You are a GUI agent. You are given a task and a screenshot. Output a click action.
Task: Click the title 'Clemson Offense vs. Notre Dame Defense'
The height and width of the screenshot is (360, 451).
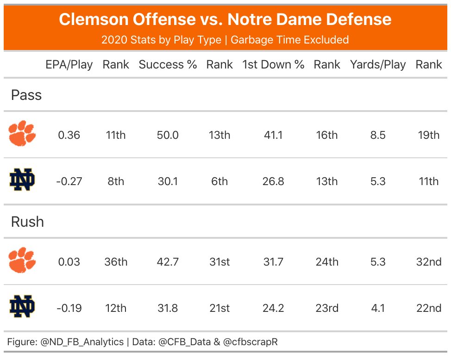(x=225, y=19)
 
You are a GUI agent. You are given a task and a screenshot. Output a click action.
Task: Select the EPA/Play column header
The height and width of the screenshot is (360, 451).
(x=69, y=65)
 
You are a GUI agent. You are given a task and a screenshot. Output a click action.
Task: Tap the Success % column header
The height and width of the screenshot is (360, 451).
(x=168, y=65)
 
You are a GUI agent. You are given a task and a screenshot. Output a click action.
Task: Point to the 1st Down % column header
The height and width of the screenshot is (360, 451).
(x=273, y=65)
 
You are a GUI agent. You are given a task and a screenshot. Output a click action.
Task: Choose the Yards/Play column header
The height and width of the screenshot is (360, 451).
(x=378, y=65)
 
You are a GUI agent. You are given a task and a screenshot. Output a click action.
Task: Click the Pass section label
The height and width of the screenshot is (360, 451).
(x=26, y=95)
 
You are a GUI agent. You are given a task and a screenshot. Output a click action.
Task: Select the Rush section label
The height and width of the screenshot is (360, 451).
(x=27, y=222)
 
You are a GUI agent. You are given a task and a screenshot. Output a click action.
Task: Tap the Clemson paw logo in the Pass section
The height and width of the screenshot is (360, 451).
(x=22, y=134)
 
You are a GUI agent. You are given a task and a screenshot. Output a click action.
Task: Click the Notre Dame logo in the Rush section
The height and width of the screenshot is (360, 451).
(x=22, y=307)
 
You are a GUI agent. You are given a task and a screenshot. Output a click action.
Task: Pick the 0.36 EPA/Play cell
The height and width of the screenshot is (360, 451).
(x=69, y=135)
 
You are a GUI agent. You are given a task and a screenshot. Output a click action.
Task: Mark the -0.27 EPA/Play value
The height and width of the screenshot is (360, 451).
(x=69, y=181)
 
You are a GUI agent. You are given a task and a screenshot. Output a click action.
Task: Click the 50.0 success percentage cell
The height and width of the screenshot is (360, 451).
(x=168, y=135)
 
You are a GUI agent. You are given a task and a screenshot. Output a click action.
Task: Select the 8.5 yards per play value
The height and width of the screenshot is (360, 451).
(x=378, y=135)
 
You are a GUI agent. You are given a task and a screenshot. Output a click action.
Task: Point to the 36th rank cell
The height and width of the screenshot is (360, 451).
(x=116, y=262)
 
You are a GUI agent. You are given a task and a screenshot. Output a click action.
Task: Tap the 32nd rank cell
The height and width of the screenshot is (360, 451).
(x=429, y=262)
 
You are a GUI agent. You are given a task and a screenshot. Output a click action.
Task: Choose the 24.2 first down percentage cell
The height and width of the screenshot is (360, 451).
(x=273, y=308)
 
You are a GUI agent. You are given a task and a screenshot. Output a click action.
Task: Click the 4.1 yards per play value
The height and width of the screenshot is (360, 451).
(x=378, y=308)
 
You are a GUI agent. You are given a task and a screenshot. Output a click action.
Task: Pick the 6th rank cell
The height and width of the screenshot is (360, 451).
(x=219, y=181)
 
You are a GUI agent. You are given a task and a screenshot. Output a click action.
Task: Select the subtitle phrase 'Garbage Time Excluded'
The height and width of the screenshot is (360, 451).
(x=289, y=40)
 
